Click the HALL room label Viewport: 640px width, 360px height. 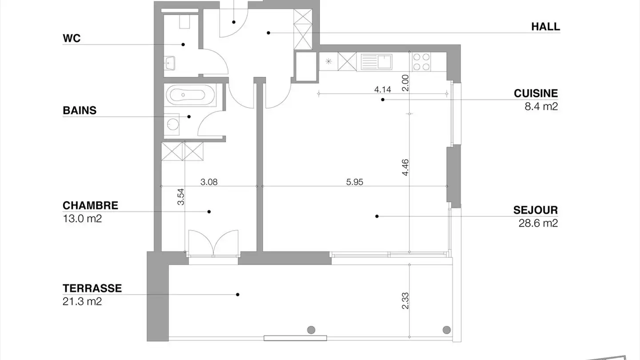pyautogui.click(x=545, y=27)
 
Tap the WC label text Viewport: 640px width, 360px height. pyautogui.click(x=72, y=38)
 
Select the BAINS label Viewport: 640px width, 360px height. pyautogui.click(x=80, y=111)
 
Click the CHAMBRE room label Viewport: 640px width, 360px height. pyautogui.click(x=90, y=206)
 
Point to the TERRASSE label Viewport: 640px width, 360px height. pyautogui.click(x=92, y=288)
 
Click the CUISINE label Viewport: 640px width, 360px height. pyautogui.click(x=536, y=93)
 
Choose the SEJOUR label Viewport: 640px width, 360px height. pyautogui.click(x=536, y=210)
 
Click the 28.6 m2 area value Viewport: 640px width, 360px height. pyautogui.click(x=538, y=223)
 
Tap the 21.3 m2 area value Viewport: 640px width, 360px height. pyautogui.click(x=82, y=301)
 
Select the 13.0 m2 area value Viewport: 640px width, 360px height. pyautogui.click(x=82, y=219)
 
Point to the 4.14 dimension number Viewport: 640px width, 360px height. pyautogui.click(x=383, y=89)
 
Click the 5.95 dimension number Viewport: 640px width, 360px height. pyautogui.click(x=355, y=182)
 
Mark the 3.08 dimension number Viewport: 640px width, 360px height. pyautogui.click(x=209, y=182)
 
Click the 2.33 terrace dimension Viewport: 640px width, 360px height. pyautogui.click(x=405, y=301)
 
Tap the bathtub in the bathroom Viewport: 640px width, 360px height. pyautogui.click(x=190, y=95)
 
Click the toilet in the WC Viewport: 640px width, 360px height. pyautogui.click(x=184, y=21)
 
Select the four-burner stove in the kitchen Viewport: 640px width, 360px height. pyautogui.click(x=421, y=62)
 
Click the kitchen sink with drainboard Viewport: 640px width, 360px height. pyautogui.click(x=376, y=62)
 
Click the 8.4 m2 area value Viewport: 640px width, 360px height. pyautogui.click(x=541, y=107)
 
